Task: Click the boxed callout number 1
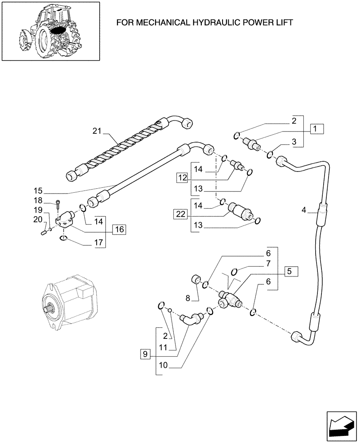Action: [x=315, y=129]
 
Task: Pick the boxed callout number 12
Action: [x=183, y=178]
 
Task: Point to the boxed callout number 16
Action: [x=119, y=229]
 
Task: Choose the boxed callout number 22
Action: [x=179, y=214]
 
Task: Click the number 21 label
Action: [x=98, y=131]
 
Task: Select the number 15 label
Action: [x=38, y=191]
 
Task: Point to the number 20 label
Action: [x=38, y=219]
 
